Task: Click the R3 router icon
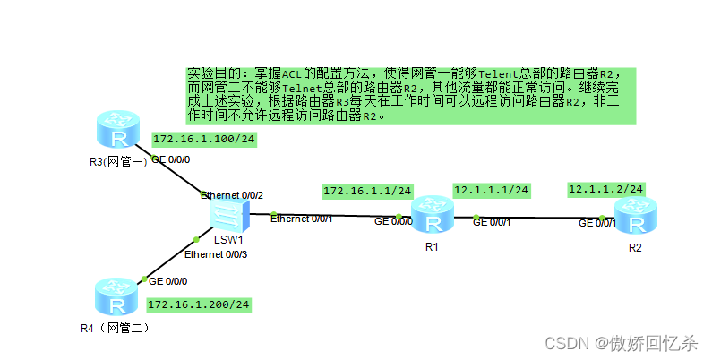pos(118,133)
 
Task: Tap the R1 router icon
pos(433,218)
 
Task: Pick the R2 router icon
pos(635,218)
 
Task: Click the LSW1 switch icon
pos(228,214)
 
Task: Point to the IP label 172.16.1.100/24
pos(205,140)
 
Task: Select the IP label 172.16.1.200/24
pos(198,304)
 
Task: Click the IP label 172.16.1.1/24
pos(367,191)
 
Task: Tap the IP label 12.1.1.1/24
pos(492,190)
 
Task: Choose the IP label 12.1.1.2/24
pos(606,189)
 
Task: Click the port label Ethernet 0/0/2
pos(232,194)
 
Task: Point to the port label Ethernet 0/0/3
pos(215,255)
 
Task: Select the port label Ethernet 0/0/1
pos(302,219)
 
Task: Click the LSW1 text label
pos(228,240)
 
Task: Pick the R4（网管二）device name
pos(115,328)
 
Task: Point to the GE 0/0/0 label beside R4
pos(169,280)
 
